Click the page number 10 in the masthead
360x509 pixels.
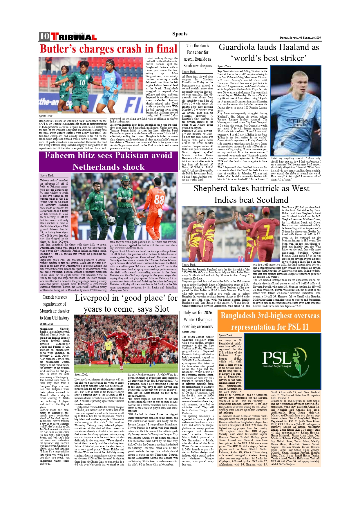(44, 36)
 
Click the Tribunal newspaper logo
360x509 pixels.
(74, 37)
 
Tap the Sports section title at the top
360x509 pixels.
(180, 34)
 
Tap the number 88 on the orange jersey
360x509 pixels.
(160, 200)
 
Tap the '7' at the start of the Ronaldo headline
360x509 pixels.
(187, 46)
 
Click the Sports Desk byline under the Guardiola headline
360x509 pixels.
(224, 66)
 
